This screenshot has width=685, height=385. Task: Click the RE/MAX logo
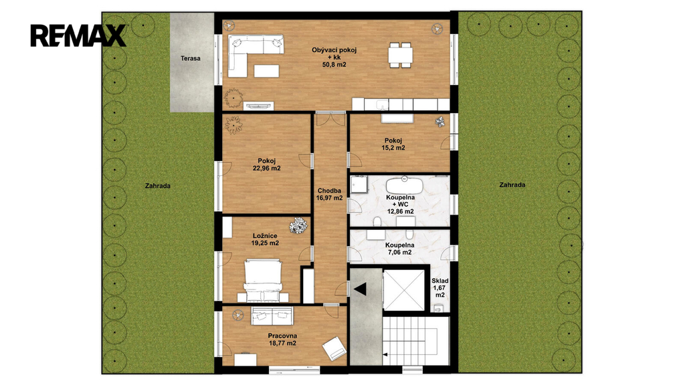point(78,36)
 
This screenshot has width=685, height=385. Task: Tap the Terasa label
point(191,58)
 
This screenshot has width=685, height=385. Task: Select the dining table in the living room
point(400,55)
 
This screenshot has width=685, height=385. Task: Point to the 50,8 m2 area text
point(334,65)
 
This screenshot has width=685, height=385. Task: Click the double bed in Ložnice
point(262,280)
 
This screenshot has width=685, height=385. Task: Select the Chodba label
point(329,190)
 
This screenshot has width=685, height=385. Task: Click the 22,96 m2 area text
point(266,168)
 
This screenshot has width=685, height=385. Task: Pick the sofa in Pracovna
point(272,316)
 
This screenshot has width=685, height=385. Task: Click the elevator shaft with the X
point(404,290)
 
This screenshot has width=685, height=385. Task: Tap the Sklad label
point(440,281)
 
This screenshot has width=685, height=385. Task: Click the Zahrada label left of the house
point(158,186)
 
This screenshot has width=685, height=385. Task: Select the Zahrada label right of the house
point(512,185)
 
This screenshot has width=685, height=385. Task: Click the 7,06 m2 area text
point(399,252)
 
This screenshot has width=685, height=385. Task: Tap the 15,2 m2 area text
point(393,148)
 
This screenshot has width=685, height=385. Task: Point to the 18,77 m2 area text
point(283,343)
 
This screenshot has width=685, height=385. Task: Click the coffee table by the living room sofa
point(266,71)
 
